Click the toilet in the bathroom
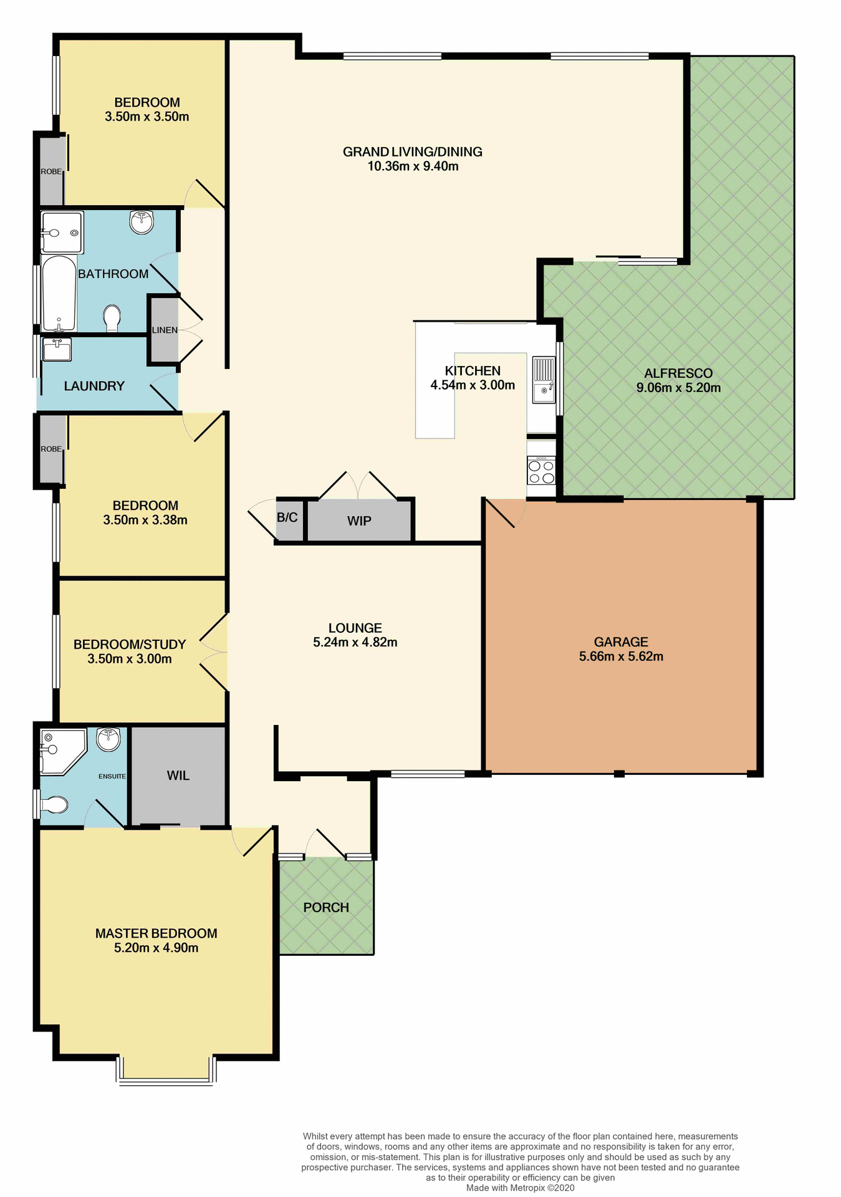point(112,318)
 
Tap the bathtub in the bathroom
point(59,293)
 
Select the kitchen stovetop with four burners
point(541,471)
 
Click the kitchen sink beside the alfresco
point(544,380)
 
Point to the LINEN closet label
point(165,330)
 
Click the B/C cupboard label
point(287,517)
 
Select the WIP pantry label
point(359,521)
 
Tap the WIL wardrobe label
point(178,776)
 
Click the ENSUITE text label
point(112,776)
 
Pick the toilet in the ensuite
point(54,805)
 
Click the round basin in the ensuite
point(108,739)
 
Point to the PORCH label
point(326,908)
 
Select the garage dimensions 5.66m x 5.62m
point(621,656)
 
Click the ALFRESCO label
point(678,373)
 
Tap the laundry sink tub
point(57,349)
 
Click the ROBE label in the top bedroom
point(51,171)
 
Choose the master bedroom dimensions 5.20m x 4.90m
point(156,948)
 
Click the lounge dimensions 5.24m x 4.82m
point(355,643)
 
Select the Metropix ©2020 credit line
point(520,1188)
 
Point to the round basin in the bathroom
point(142,221)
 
